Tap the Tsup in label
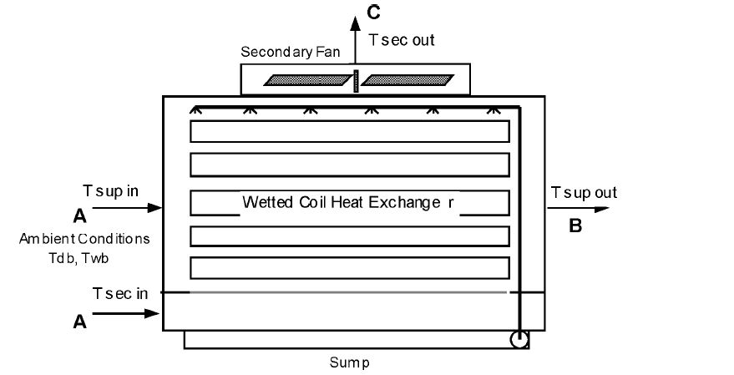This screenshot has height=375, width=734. pyautogui.click(x=111, y=190)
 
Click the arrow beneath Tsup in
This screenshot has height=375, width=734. pyautogui.click(x=126, y=207)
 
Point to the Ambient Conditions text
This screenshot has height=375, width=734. pyautogui.click(x=84, y=239)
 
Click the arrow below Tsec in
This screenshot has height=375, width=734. pyautogui.click(x=126, y=314)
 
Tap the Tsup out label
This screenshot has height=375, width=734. pyautogui.click(x=584, y=193)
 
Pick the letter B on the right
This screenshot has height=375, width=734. pyautogui.click(x=575, y=226)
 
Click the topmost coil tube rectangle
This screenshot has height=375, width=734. pyautogui.click(x=349, y=132)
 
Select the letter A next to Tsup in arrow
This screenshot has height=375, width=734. pyautogui.click(x=79, y=217)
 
